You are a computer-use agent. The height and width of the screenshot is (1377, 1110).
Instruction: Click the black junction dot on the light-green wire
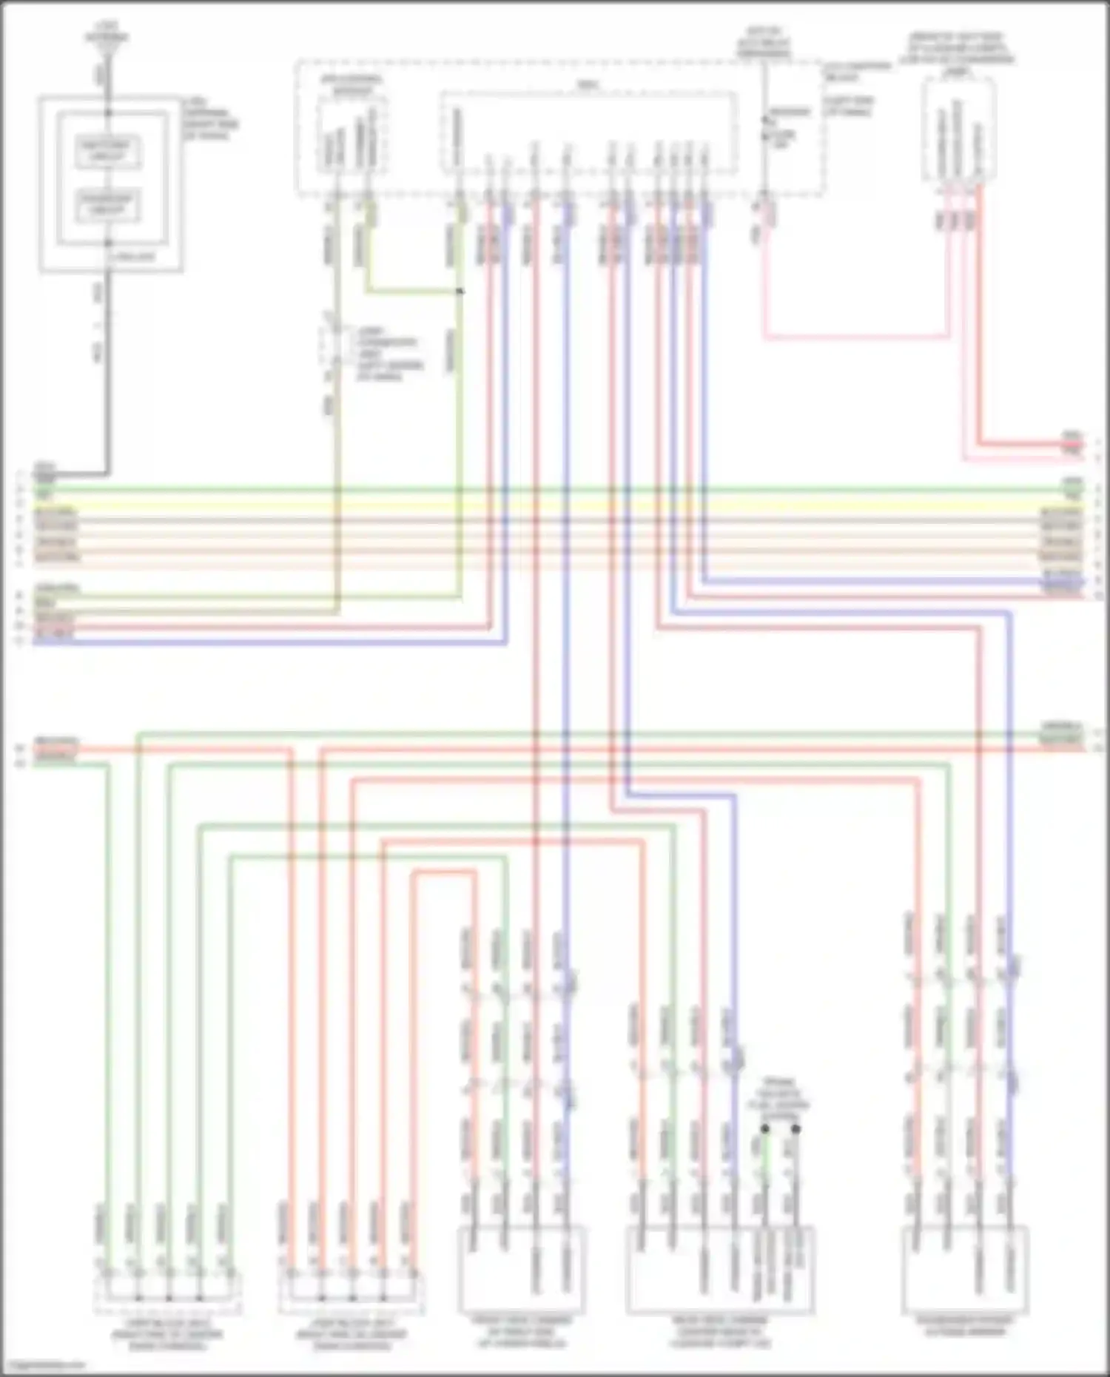coord(460,291)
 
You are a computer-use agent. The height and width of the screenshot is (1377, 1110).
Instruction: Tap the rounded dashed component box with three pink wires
coord(959,129)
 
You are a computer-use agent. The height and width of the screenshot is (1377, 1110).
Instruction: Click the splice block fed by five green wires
coord(167,1291)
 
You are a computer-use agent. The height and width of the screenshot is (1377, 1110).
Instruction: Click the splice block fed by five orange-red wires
coord(351,1291)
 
